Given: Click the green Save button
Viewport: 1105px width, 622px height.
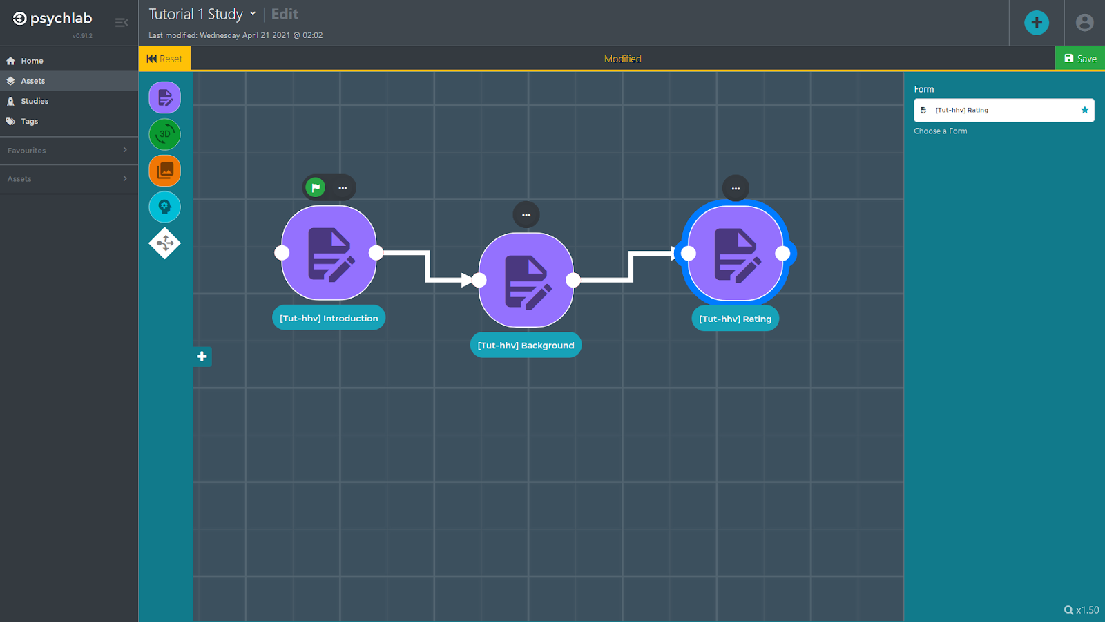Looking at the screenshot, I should click(1080, 59).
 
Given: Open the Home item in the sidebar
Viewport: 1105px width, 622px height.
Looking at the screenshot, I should click(32, 61).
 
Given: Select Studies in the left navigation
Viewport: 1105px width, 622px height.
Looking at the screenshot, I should click(35, 101).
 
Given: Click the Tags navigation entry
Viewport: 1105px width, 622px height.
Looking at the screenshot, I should click(29, 121).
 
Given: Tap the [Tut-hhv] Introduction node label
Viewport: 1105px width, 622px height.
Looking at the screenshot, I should click(329, 318).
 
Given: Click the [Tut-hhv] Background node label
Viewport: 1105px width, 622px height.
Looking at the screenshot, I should click(526, 345).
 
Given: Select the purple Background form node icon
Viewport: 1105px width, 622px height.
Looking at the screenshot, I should click(526, 280).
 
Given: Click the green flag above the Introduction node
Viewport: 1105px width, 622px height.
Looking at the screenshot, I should click(316, 187).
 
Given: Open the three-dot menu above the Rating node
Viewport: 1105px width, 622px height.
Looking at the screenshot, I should click(736, 188).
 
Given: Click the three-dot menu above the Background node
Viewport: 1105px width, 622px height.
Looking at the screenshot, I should click(526, 215).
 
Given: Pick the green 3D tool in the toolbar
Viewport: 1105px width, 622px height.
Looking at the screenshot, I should click(165, 134).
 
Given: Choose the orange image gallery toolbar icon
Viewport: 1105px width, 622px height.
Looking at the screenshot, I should click(165, 171).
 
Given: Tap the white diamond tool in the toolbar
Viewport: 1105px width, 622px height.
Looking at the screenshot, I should click(165, 243).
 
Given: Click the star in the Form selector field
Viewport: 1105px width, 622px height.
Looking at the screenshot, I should click(1084, 110).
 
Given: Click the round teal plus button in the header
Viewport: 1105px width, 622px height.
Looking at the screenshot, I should click(1037, 23).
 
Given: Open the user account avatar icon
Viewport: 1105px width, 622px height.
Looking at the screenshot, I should click(1085, 23).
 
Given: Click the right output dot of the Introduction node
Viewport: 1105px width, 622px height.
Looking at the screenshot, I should click(376, 253).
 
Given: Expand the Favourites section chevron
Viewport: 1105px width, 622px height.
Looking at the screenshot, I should click(125, 150).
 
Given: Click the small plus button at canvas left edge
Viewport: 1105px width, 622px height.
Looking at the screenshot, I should click(202, 357).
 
